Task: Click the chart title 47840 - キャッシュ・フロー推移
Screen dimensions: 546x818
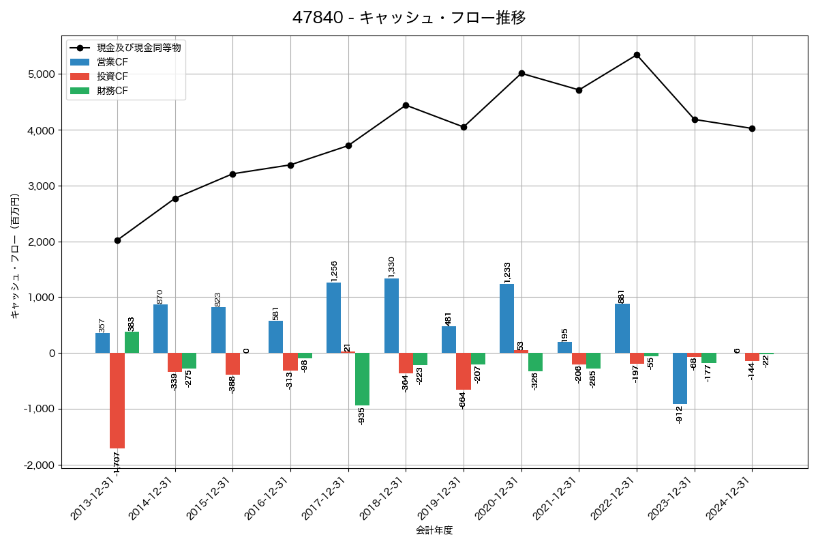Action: pyautogui.click(x=409, y=18)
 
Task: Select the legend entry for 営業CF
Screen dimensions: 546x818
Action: pyautogui.click(x=112, y=62)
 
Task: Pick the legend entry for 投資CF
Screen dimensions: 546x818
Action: pyautogui.click(x=112, y=76)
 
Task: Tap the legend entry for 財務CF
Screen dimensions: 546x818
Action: pyautogui.click(x=112, y=90)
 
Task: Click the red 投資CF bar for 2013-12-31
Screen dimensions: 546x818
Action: pyautogui.click(x=117, y=400)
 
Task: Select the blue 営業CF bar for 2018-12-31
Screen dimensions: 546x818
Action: pyautogui.click(x=391, y=315)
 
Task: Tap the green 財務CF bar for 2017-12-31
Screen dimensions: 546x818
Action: pyautogui.click(x=362, y=379)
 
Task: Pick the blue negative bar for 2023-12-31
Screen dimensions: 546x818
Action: pyautogui.click(x=680, y=378)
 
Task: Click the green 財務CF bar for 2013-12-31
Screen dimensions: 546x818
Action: pyautogui.click(x=132, y=343)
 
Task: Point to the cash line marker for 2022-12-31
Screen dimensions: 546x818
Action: pyautogui.click(x=637, y=55)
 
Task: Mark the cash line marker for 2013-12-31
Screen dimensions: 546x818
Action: pyautogui.click(x=117, y=240)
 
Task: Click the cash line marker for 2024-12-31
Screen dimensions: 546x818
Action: pyautogui.click(x=752, y=128)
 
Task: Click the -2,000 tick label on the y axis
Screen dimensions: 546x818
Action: pyautogui.click(x=40, y=465)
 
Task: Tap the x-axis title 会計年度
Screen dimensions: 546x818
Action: pyautogui.click(x=434, y=530)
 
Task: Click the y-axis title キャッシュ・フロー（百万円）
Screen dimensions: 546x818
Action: pyautogui.click(x=15, y=256)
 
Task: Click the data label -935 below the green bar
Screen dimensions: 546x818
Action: pyautogui.click(x=362, y=416)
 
